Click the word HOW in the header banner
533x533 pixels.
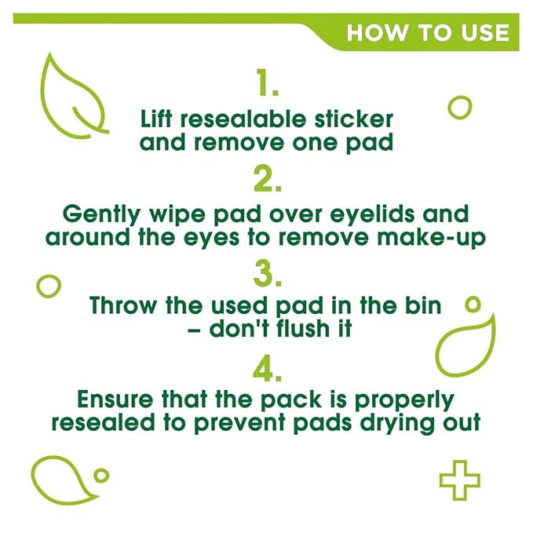coord(377,33)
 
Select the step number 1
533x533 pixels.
coord(267,82)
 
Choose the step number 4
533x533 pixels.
coord(268,368)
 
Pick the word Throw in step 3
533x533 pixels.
coord(122,305)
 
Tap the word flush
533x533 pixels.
coord(303,329)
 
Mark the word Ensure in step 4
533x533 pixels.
coord(115,399)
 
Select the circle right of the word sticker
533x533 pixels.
coord(460,97)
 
